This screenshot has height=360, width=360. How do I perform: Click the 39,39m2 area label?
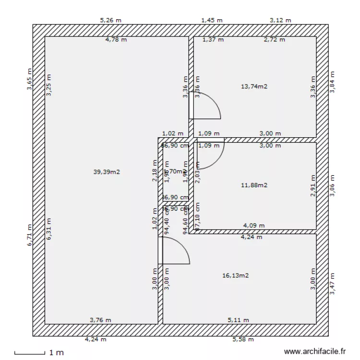click(107, 171)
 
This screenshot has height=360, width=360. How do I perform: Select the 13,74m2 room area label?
click(254, 86)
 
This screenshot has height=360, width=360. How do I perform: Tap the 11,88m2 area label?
click(254, 185)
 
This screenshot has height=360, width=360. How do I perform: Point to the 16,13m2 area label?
click(235, 276)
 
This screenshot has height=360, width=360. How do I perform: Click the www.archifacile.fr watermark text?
click(315, 352)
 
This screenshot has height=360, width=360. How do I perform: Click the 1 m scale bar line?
click(29, 354)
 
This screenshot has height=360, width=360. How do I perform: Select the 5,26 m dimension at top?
click(110, 20)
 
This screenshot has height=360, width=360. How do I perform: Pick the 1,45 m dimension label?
click(212, 20)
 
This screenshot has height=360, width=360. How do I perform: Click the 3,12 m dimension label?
click(280, 20)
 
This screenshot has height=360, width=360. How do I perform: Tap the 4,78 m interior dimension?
click(116, 40)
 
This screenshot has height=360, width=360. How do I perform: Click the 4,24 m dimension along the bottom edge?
click(96, 339)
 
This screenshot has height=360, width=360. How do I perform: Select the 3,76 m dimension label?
click(100, 320)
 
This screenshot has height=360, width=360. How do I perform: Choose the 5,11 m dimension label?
click(238, 320)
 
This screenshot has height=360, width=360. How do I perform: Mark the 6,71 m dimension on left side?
click(29, 236)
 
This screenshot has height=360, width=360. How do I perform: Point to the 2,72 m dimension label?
click(275, 40)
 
